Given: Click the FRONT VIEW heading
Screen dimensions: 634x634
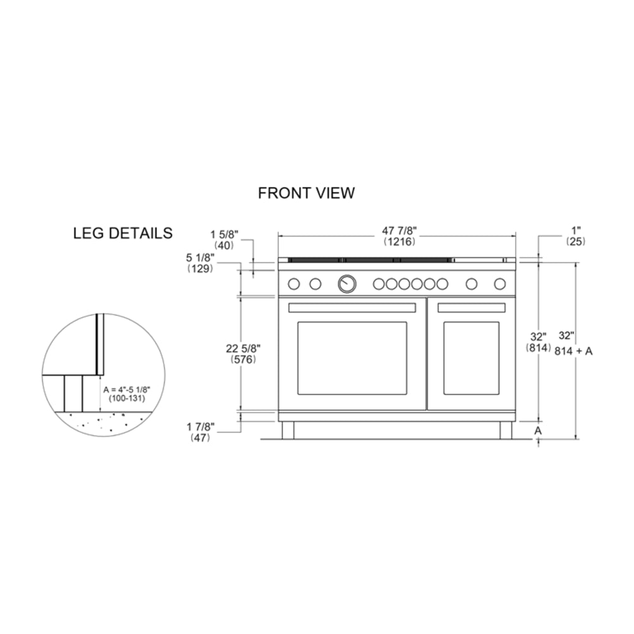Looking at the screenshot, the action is (x=306, y=193).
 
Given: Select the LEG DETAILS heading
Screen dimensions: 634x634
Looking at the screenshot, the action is (x=123, y=233).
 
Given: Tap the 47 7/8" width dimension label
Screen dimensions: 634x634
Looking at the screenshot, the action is (x=399, y=231).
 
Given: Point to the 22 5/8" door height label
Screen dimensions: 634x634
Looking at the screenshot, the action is (x=243, y=348).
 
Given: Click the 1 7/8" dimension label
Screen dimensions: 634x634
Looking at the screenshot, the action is (x=200, y=427).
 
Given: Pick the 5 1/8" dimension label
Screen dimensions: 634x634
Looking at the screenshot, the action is (x=200, y=257).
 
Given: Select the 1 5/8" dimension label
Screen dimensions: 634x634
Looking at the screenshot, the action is (x=224, y=235).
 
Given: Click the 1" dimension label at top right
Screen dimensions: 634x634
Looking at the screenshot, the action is (x=576, y=231).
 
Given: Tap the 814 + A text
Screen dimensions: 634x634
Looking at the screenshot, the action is (x=573, y=351).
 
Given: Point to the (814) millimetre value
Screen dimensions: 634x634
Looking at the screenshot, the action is (x=538, y=347).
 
